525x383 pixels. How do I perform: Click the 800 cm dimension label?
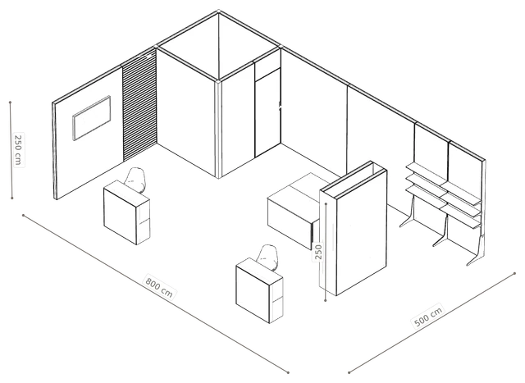pyautogui.click(x=159, y=286)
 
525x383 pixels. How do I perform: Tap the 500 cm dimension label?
pyautogui.click(x=428, y=316)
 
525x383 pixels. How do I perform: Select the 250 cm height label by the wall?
pyautogui.click(x=18, y=149)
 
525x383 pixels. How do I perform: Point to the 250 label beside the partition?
pyautogui.click(x=318, y=252)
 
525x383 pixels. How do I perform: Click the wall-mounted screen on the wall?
pyautogui.click(x=92, y=118)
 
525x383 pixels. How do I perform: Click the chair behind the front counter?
pyautogui.click(x=268, y=258)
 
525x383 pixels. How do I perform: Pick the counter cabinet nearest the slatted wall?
pyautogui.click(x=126, y=212)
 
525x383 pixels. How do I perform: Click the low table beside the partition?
pyautogui.click(x=294, y=211)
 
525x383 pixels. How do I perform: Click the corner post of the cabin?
pyautogui.click(x=218, y=129)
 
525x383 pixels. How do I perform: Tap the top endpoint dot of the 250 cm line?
pyautogui.click(x=11, y=103)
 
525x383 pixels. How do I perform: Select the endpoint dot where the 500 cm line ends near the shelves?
pyautogui.click(x=514, y=274)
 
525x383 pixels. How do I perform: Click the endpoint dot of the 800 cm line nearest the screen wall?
pyautogui.click(x=23, y=215)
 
